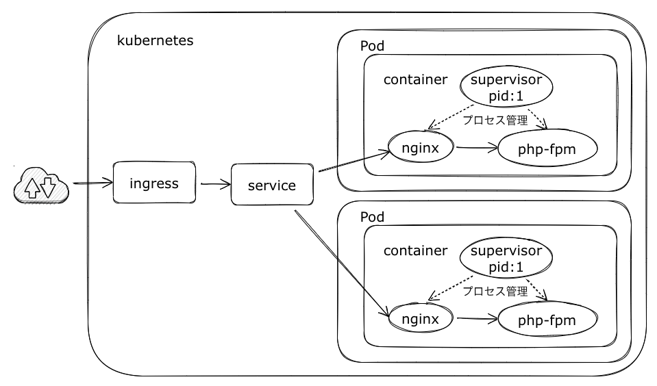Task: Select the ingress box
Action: tap(154, 183)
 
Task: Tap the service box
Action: tap(272, 185)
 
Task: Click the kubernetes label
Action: tap(156, 40)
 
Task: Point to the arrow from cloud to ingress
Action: tap(92, 183)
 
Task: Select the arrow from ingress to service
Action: tap(214, 184)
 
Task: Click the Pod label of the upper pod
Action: tap(372, 46)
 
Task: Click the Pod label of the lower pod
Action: tap(372, 216)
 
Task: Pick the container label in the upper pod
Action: tap(415, 79)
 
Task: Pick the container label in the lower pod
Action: tap(415, 250)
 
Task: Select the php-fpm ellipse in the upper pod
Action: tap(547, 149)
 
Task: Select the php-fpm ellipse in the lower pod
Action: tap(547, 320)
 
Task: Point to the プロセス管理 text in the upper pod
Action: tap(495, 120)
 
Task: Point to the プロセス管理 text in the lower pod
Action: tap(495, 291)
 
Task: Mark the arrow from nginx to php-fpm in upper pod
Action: tap(477, 147)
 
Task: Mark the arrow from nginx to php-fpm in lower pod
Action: tap(477, 318)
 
